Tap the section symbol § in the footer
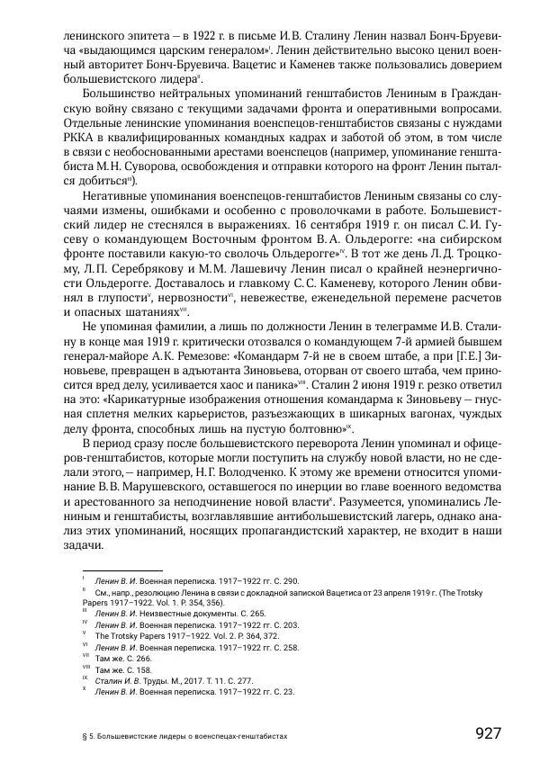71,735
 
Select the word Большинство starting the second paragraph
122,91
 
